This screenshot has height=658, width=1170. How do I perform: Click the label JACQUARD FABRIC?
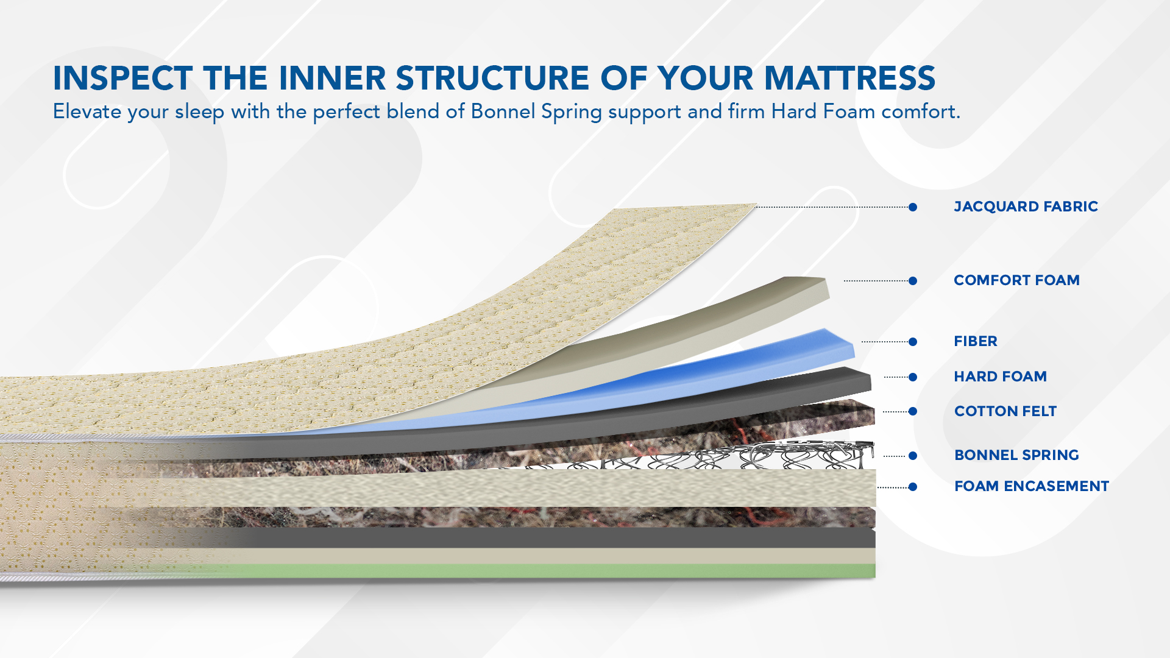click(1026, 207)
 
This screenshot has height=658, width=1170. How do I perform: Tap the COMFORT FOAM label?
click(1016, 280)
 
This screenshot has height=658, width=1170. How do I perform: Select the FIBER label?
click(976, 341)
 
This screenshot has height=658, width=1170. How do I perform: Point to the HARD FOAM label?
click(1000, 377)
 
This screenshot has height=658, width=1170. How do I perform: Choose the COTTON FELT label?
click(1005, 411)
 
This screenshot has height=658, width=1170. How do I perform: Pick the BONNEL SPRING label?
click(1016, 455)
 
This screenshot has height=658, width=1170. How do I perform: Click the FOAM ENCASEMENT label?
click(1032, 486)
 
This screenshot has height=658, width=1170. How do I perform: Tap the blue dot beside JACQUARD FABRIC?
click(913, 207)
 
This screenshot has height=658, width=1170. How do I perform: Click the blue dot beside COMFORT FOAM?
click(913, 281)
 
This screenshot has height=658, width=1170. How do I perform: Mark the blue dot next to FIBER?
click(913, 342)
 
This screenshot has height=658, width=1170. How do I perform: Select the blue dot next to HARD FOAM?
click(913, 377)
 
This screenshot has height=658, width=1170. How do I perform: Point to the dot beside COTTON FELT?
click(913, 412)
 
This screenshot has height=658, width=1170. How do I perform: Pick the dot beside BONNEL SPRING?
click(913, 456)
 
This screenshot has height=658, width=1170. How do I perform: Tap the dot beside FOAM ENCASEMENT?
click(913, 487)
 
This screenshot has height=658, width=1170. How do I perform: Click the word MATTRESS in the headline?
click(849, 78)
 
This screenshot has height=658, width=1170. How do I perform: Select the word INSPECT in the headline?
click(123, 78)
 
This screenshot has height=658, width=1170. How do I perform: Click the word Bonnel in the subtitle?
click(503, 111)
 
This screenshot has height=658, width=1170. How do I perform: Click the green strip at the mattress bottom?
click(548, 571)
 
